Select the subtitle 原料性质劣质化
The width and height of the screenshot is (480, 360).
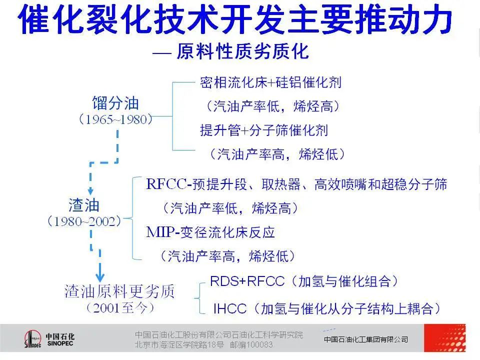pyautogui.click(x=242, y=51)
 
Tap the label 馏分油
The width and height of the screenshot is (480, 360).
pyautogui.click(x=115, y=103)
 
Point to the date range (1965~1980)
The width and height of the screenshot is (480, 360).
pyautogui.click(x=115, y=119)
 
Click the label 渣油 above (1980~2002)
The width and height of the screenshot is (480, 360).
pyautogui.click(x=84, y=205)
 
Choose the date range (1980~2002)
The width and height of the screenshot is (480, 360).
pyautogui.click(x=84, y=221)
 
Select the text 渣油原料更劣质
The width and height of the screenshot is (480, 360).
pyautogui.click(x=119, y=291)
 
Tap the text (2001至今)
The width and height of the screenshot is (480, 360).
pyautogui.click(x=120, y=308)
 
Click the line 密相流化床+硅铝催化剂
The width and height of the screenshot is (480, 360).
pyautogui.click(x=270, y=82)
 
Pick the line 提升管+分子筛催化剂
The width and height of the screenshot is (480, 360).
pyautogui.click(x=264, y=130)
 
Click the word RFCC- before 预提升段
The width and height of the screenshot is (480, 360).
pyautogui.click(x=169, y=184)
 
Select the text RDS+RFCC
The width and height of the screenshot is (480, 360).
pyautogui.click(x=247, y=281)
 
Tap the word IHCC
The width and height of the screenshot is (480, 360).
pyautogui.click(x=230, y=308)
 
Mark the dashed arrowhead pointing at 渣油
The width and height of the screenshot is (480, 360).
pyautogui.click(x=90, y=191)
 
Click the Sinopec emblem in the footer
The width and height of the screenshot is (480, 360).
pyautogui.click(x=32, y=339)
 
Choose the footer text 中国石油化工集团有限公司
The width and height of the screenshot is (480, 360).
pyautogui.click(x=366, y=339)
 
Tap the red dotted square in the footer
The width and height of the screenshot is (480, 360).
pyautogui.click(x=445, y=338)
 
